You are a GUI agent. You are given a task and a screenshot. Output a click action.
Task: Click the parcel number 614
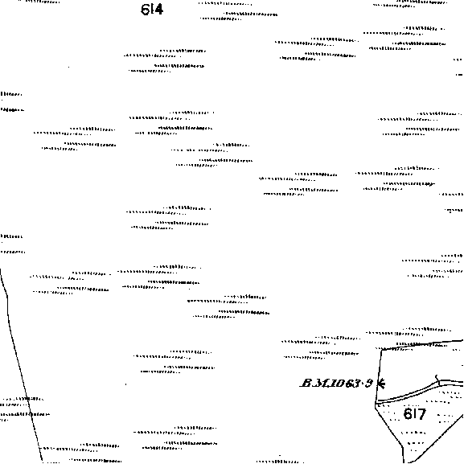(152, 10)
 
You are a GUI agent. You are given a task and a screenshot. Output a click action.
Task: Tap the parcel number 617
(415, 413)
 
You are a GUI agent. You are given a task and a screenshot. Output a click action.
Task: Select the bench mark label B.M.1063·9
(337, 384)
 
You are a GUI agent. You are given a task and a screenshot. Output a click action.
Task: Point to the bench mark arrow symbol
(381, 384)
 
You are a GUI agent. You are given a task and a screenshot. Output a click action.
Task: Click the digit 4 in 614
(158, 10)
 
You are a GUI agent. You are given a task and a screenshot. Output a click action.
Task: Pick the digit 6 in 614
(145, 10)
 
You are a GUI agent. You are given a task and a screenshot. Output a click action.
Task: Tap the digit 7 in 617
(421, 414)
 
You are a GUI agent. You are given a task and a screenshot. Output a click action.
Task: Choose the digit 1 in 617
(414, 413)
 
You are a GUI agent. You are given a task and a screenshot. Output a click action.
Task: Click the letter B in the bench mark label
(306, 384)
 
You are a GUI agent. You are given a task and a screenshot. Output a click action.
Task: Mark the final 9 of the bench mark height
(369, 384)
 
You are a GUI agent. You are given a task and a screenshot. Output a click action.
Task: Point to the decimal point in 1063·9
(363, 384)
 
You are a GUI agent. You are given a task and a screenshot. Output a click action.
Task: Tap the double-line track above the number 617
(418, 391)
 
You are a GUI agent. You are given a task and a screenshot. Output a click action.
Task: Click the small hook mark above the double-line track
(437, 377)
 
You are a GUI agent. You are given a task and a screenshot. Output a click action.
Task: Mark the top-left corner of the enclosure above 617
(381, 351)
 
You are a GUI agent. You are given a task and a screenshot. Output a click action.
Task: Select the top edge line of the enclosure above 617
(422, 345)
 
